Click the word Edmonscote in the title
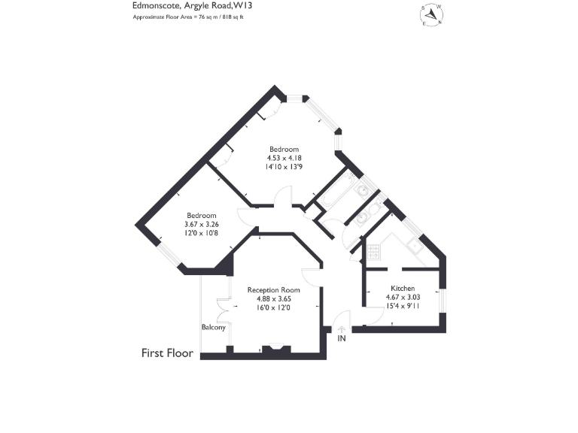[154, 4]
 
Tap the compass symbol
[432, 14]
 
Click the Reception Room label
[274, 290]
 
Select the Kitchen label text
[403, 289]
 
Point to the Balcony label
[214, 327]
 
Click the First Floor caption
[168, 353]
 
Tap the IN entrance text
[341, 339]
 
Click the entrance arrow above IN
[341, 328]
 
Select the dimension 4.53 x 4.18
[284, 158]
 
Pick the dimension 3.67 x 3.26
[202, 224]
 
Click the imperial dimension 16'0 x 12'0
[273, 307]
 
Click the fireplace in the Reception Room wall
[275, 348]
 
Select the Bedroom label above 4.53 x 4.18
[284, 148]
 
